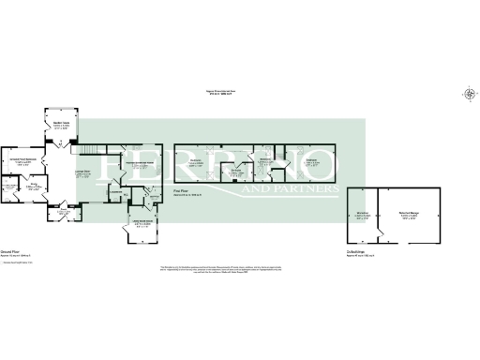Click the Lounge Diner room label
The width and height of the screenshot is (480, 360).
coord(82,172)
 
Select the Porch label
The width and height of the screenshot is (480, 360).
coord(64,213)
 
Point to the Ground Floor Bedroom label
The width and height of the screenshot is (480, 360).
coord(22,160)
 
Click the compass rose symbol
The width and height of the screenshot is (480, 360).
coord(469,93)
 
